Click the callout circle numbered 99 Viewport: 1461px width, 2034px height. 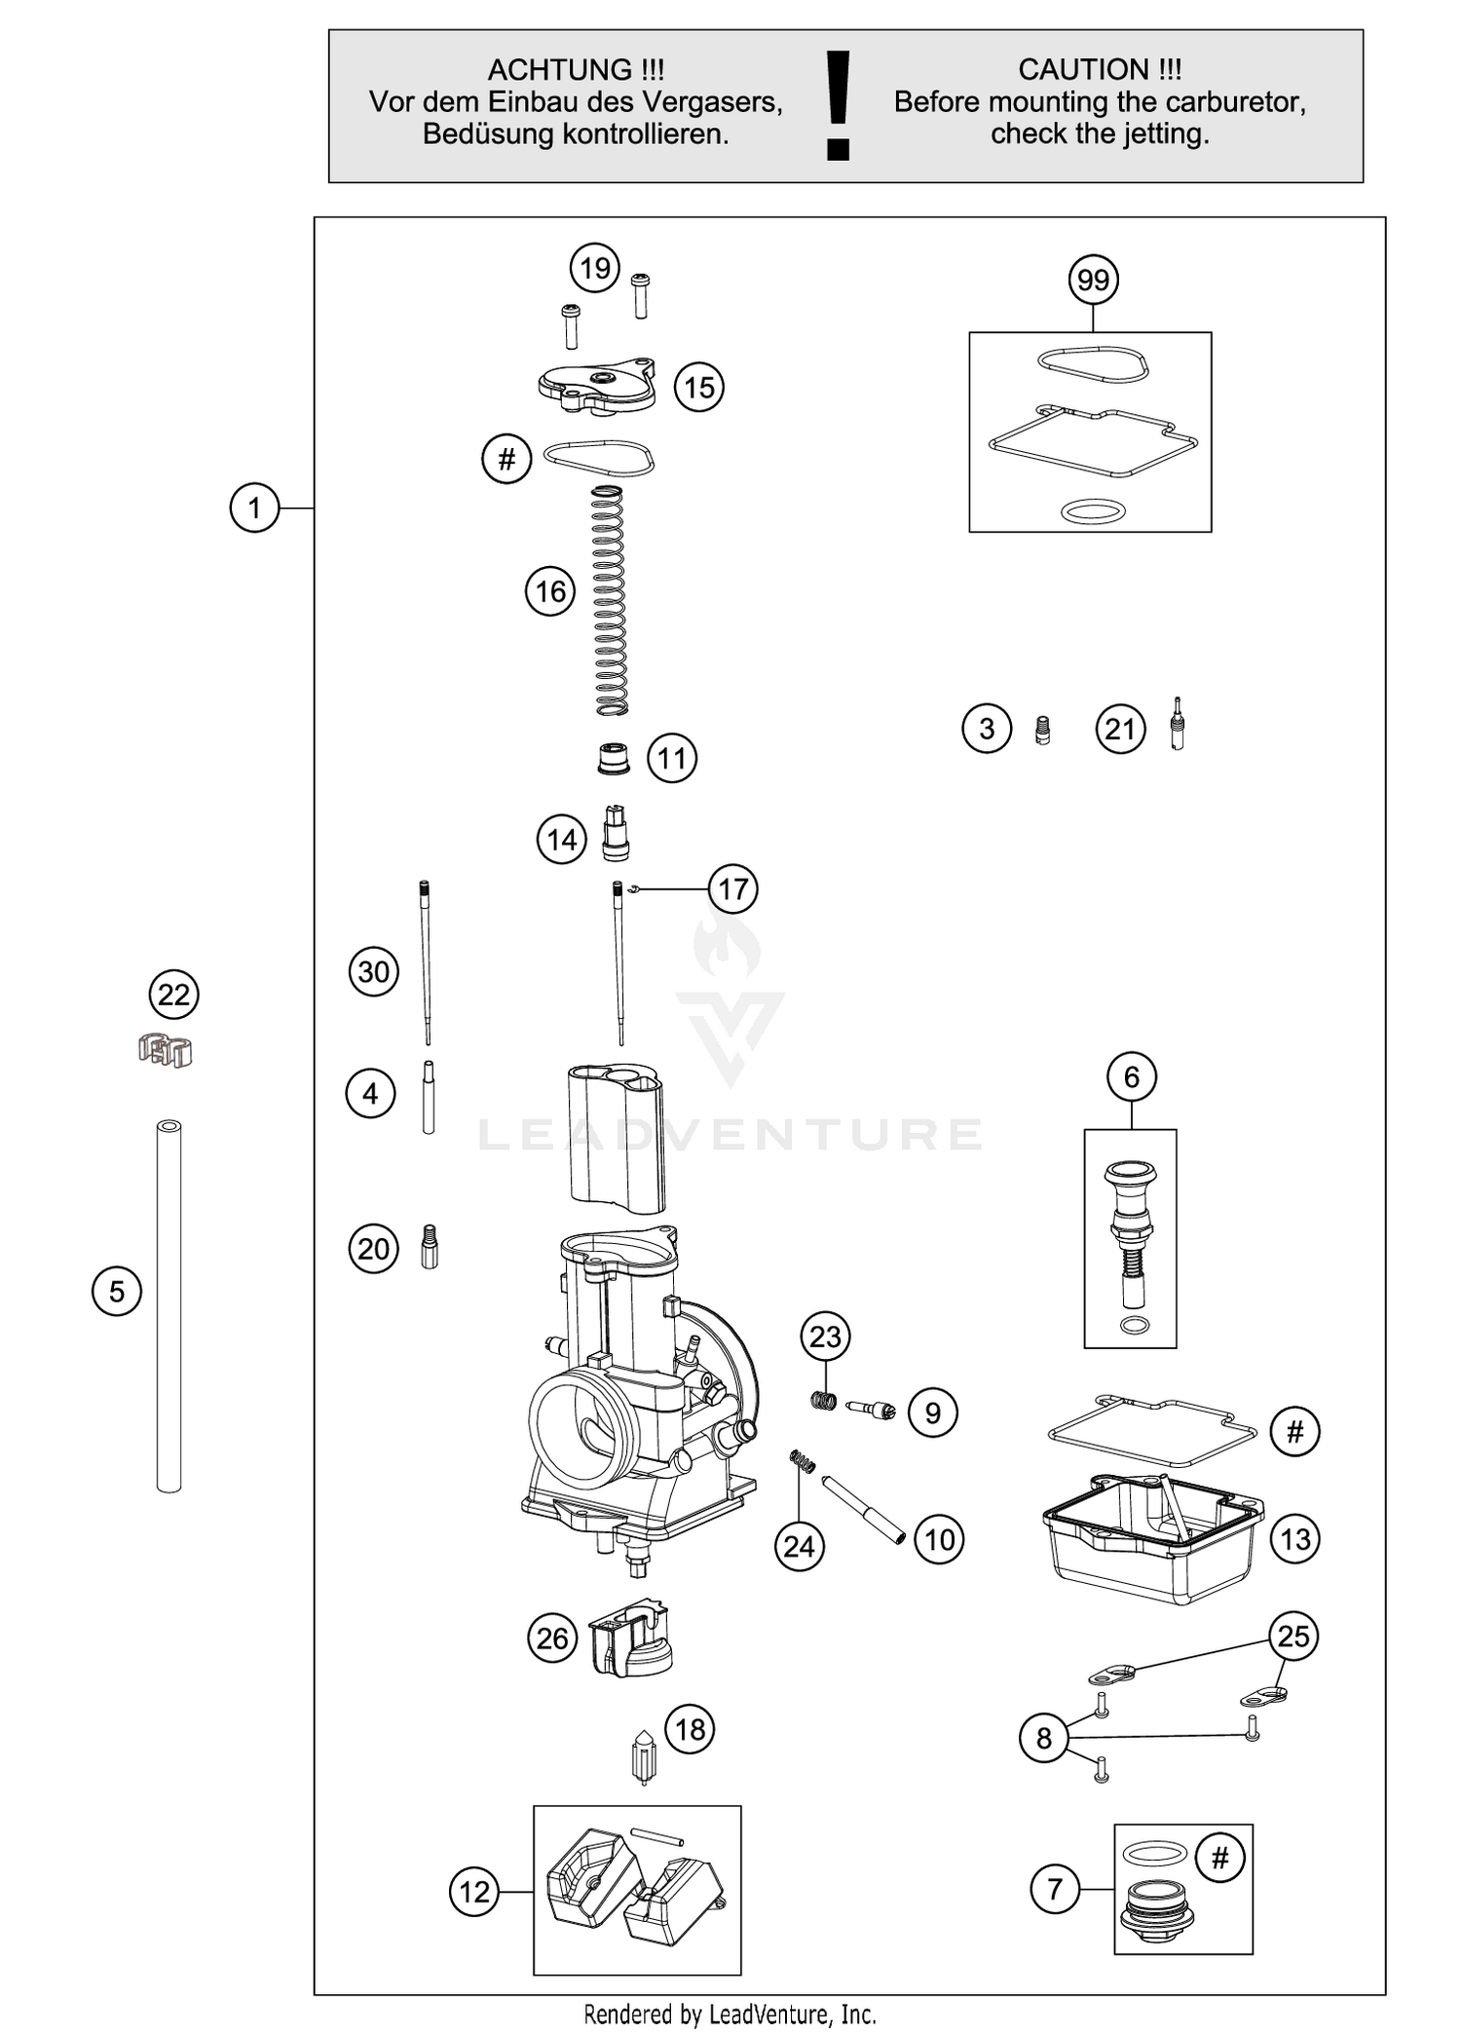tap(1093, 281)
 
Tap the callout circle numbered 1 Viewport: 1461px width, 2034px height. tap(254, 508)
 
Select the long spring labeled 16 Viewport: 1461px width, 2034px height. tap(609, 601)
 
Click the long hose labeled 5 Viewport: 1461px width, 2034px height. tap(169, 1305)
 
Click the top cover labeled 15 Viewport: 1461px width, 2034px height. tap(596, 387)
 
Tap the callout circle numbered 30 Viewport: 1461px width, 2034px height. tap(374, 972)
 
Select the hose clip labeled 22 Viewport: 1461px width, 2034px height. tap(166, 1050)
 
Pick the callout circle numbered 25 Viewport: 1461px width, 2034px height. tap(1292, 1636)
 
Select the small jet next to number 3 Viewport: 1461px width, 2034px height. tap(1042, 730)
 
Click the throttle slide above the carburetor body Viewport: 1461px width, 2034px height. tap(616, 1137)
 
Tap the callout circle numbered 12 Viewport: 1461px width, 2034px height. tap(474, 1892)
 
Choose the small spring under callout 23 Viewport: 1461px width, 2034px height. tap(824, 1401)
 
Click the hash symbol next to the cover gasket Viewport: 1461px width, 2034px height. tap(506, 459)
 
